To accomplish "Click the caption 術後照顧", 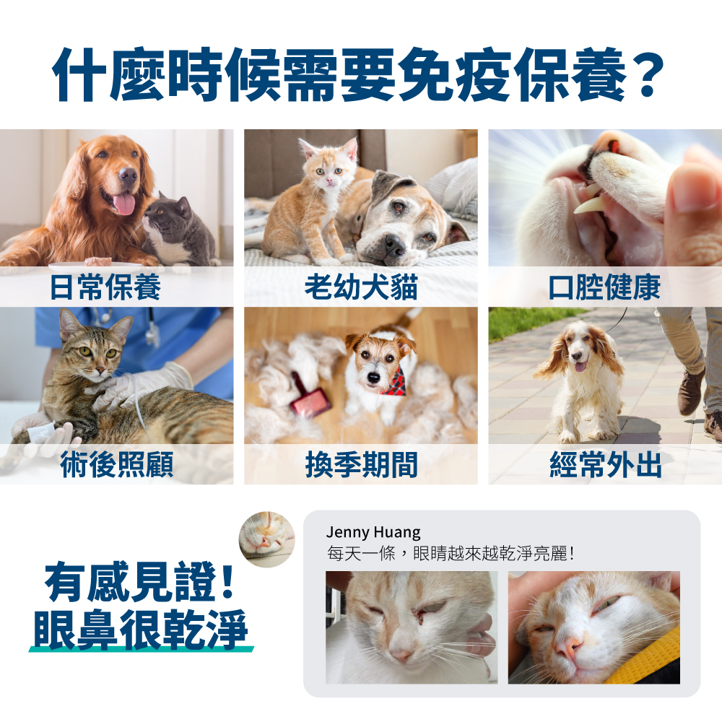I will point(117,466).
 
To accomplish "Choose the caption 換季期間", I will point(361,466).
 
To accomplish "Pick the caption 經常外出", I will point(605,466).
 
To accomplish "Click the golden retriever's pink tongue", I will point(124,203).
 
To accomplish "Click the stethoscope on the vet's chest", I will point(152,332).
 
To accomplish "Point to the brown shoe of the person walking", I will point(691,390).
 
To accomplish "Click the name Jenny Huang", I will point(373,533).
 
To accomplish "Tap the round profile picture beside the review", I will point(266,539).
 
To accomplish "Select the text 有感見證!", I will point(139,583).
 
